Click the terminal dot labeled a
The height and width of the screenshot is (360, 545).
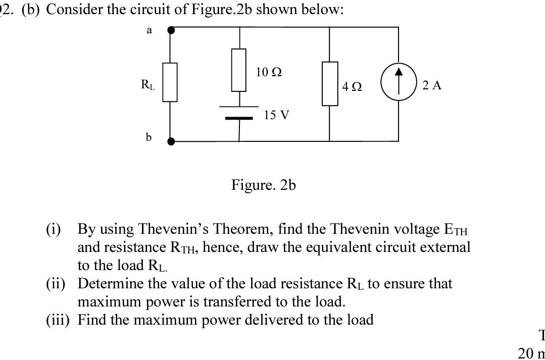171,30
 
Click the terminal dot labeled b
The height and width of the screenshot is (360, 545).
171,141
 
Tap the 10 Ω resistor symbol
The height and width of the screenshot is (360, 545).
239,70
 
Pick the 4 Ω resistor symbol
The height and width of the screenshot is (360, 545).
330,83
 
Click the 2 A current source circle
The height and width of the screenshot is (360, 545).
399,85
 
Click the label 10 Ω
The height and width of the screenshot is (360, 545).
269,72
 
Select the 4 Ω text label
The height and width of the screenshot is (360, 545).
352,87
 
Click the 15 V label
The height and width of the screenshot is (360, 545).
276,115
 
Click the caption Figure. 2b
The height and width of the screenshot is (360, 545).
263,185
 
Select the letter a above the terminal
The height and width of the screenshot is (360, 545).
149,30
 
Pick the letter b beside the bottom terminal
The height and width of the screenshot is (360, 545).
148,137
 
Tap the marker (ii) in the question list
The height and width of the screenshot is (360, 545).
57,284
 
